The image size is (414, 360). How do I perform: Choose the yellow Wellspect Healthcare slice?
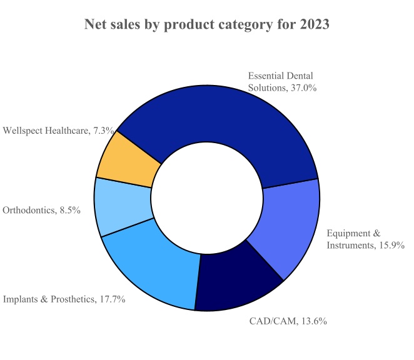coord(129,159)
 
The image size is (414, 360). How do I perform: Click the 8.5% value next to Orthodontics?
coord(69,210)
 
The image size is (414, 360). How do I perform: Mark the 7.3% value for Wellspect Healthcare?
coord(103,131)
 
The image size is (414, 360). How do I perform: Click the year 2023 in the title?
coord(310,25)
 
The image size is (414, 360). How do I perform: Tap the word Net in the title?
coord(97,25)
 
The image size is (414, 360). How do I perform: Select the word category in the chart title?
coord(230,25)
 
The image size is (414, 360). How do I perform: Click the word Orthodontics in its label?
coord(29,210)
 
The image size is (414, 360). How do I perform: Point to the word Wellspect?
coord(23,131)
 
